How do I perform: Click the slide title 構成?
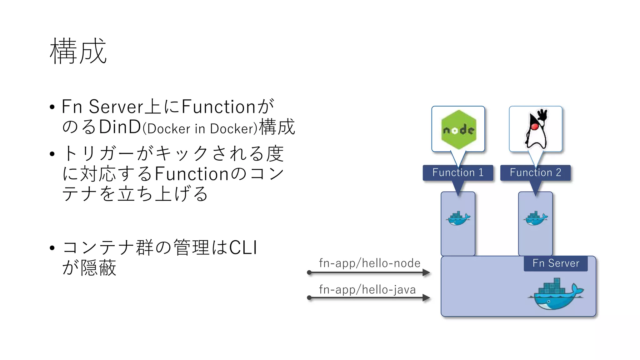pyautogui.click(x=78, y=52)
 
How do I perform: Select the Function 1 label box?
pyautogui.click(x=458, y=172)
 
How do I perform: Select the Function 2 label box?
pyautogui.click(x=535, y=172)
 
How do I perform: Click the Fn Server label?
pyautogui.click(x=556, y=263)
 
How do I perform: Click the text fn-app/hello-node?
pyautogui.click(x=369, y=263)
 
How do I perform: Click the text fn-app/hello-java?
pyautogui.click(x=367, y=290)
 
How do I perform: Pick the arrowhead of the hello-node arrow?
pyautogui.click(x=426, y=273)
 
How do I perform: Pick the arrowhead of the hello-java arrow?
pyautogui.click(x=426, y=298)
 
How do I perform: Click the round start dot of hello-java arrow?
pyautogui.click(x=309, y=298)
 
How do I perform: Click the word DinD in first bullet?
pyautogui.click(x=120, y=127)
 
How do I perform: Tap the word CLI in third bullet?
pyautogui.click(x=243, y=248)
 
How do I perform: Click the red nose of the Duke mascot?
pyautogui.click(x=535, y=127)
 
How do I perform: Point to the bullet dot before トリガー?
pyautogui.click(x=52, y=154)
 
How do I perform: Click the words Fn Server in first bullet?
pyautogui.click(x=102, y=107)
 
